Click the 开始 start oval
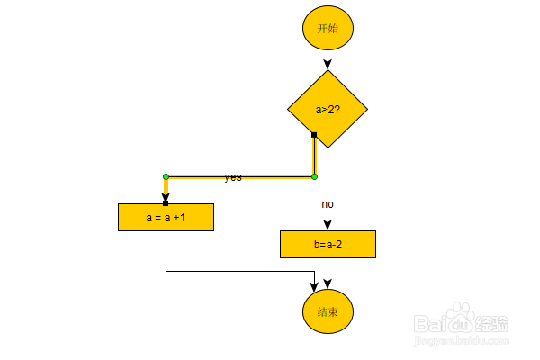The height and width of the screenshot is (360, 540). [x=328, y=28]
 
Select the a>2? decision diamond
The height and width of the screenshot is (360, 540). [x=328, y=109]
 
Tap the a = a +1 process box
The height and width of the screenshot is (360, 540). [x=166, y=217]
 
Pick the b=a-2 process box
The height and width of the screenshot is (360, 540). [x=328, y=244]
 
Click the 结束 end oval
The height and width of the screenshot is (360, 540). [x=328, y=311]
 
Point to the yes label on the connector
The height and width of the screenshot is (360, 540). [x=233, y=177]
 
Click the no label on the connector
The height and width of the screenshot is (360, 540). [x=328, y=204]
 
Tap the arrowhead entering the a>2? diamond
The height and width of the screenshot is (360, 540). [x=328, y=65]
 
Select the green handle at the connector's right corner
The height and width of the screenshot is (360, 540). [x=314, y=176]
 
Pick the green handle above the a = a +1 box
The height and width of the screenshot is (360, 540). [x=166, y=176]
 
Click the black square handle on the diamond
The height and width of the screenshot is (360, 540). [x=314, y=135]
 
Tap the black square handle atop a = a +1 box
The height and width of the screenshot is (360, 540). [x=166, y=202]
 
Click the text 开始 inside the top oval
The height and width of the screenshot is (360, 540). [x=328, y=28]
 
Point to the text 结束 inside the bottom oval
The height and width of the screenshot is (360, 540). [x=328, y=311]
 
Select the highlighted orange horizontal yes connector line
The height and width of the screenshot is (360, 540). [x=270, y=176]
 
